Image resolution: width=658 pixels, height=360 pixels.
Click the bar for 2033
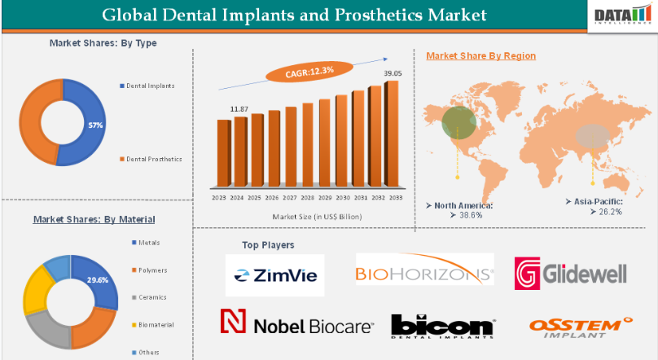[392, 134]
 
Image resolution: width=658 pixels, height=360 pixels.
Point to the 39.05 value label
[393, 74]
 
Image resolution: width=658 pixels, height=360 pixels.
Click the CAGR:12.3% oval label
[310, 72]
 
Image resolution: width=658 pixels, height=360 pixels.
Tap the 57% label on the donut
[95, 125]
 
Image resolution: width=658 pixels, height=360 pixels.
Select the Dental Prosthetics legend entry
[155, 159]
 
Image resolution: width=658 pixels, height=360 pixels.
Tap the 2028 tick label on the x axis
[307, 197]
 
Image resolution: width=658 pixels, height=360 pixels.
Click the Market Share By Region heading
[480, 55]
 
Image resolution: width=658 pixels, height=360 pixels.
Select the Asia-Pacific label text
[594, 200]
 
